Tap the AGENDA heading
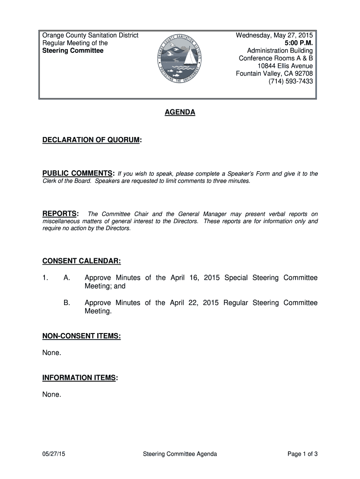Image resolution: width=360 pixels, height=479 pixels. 180,113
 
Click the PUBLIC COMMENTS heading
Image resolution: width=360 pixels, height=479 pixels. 78,174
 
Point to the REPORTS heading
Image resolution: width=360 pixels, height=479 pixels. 60,214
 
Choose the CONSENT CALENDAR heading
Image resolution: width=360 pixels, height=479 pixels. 82,261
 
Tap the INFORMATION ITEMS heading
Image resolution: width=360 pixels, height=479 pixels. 79,377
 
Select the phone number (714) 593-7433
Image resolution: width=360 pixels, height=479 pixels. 290,81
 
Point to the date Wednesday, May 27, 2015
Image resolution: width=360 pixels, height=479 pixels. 274,36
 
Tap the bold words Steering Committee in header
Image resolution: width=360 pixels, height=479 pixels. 73,51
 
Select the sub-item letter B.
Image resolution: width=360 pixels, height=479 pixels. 66,303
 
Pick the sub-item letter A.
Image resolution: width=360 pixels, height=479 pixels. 66,278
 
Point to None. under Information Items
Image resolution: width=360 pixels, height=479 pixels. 51,394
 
